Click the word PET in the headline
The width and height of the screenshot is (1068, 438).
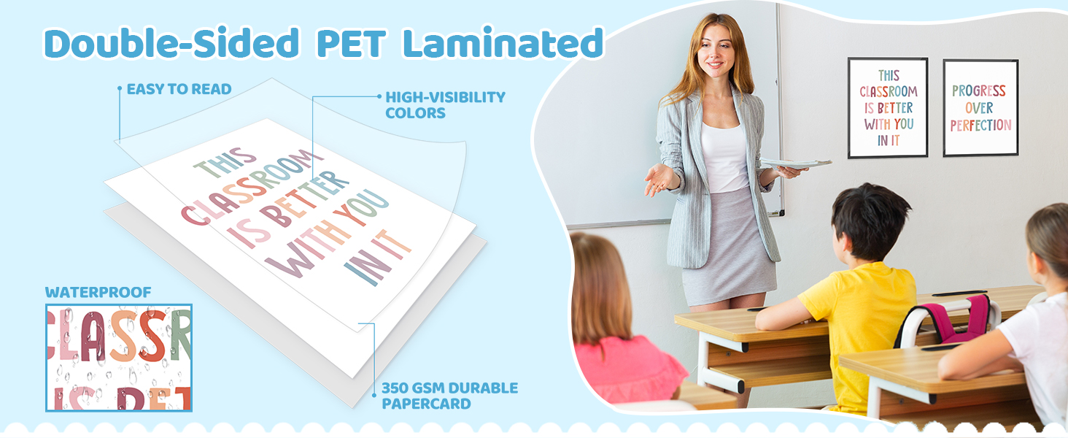[x=351, y=44]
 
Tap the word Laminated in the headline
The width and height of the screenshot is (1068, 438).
[x=503, y=42]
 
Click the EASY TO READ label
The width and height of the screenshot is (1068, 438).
[x=179, y=89]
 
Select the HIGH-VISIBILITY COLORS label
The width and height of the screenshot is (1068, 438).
[x=445, y=105]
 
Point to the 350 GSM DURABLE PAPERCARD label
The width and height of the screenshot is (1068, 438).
[x=449, y=396]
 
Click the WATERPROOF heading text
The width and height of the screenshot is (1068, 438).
[x=98, y=292]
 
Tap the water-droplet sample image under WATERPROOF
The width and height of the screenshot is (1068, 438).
[x=119, y=358]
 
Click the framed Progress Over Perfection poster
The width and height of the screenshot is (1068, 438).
[x=980, y=108]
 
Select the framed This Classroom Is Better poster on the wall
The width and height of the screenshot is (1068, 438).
[x=888, y=108]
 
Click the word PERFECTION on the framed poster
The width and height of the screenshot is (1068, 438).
[x=980, y=126]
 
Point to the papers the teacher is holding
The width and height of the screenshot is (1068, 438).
[x=795, y=164]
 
